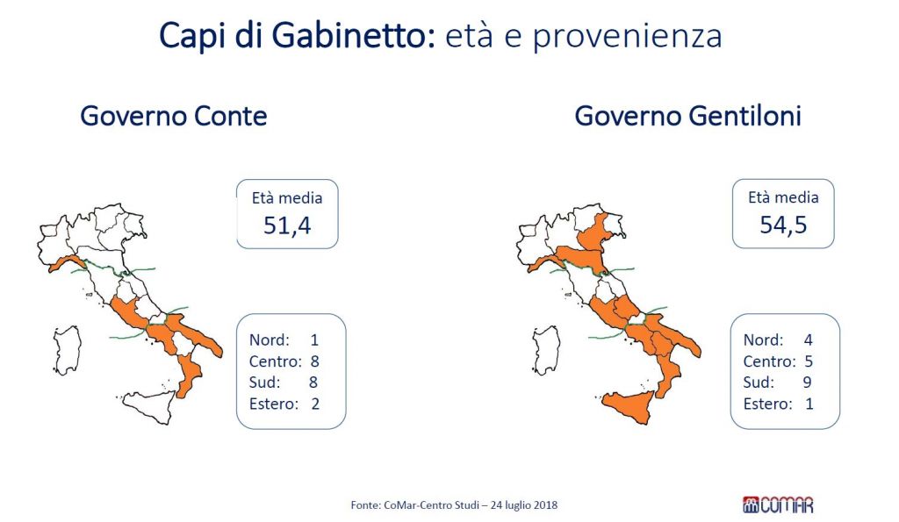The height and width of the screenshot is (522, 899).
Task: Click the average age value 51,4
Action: click(287, 225)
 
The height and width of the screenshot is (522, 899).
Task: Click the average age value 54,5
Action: click(783, 225)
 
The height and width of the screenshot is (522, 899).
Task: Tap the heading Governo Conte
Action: click(174, 116)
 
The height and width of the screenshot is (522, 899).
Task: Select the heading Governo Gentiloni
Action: click(687, 116)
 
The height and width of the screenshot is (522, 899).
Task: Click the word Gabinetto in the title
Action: click(348, 35)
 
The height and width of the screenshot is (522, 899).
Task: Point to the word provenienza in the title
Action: click(627, 37)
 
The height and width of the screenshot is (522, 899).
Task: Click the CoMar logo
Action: click(778, 504)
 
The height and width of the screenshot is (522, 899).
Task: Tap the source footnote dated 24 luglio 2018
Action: click(454, 504)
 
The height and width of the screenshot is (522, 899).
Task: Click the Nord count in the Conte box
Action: click(314, 340)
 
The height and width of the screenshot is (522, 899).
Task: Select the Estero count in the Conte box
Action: click(315, 404)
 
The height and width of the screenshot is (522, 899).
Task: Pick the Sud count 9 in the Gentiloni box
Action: click(808, 383)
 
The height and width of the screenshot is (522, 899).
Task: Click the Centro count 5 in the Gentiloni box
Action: click(809, 361)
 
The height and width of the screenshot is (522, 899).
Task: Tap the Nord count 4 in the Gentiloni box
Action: click(809, 340)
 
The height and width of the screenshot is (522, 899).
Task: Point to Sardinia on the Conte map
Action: click(68, 349)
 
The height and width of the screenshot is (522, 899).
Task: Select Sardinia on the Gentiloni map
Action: click(546, 349)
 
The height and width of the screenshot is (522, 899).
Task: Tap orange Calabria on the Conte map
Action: click(189, 374)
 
